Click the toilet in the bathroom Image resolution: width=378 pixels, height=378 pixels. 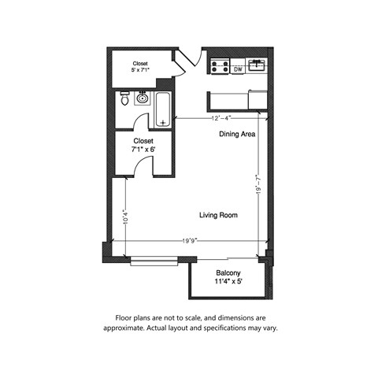pos(124,99)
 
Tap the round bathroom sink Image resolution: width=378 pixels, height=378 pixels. pos(142,99)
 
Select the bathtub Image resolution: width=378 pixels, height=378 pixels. pos(163,109)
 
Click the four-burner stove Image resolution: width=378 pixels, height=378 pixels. pos(220,69)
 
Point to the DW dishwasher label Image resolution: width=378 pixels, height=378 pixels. pos(238,69)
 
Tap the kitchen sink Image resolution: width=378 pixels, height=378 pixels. pos(257,65)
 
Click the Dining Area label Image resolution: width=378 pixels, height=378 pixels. pos(237,135)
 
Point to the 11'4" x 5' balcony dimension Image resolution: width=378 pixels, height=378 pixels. pos(228,281)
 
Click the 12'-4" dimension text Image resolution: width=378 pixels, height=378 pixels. pos(220,119)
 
